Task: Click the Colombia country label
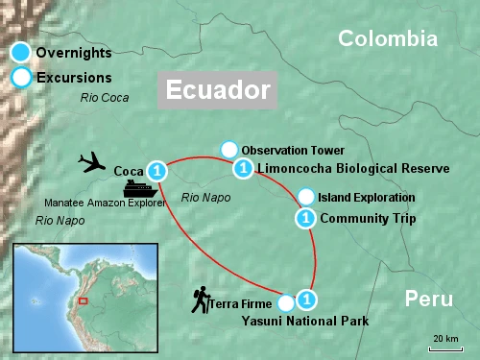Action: point(388,38)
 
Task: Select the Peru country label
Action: point(427,298)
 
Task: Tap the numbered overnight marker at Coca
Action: point(158,171)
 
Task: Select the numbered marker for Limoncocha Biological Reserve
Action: point(244,168)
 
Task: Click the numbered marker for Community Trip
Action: point(305,218)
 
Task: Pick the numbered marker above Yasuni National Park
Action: point(306,298)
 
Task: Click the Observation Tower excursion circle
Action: point(228,150)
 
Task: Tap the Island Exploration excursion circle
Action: point(305,197)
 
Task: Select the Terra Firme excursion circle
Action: point(284,303)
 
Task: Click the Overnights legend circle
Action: point(19,52)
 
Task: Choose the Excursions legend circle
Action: point(19,78)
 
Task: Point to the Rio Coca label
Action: point(104,97)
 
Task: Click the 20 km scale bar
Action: point(444,347)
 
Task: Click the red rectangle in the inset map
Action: point(83,301)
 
